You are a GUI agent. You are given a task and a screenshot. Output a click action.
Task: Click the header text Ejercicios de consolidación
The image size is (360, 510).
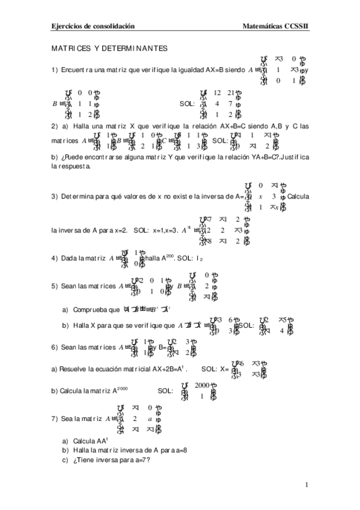pyautogui.click(x=93, y=26)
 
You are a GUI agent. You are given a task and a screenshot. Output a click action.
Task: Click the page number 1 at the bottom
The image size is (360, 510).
pyautogui.click(x=306, y=484)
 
